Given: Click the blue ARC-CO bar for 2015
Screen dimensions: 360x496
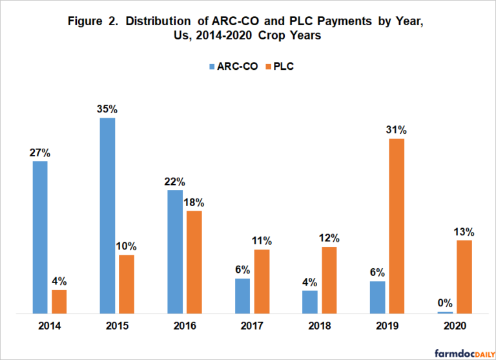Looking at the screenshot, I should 107,216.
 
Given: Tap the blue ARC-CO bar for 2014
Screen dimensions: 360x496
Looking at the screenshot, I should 40,237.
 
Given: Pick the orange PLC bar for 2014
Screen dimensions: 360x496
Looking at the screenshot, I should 59,302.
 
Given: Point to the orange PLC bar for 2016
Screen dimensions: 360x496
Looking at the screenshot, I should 194,262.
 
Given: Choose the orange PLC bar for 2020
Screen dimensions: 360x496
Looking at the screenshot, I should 464,277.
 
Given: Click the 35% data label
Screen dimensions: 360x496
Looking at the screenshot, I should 107,109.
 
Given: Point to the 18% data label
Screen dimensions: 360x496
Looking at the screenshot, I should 194,202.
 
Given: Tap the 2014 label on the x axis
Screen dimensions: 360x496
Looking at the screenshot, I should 50,327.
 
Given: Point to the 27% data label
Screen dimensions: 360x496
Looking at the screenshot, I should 40,153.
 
